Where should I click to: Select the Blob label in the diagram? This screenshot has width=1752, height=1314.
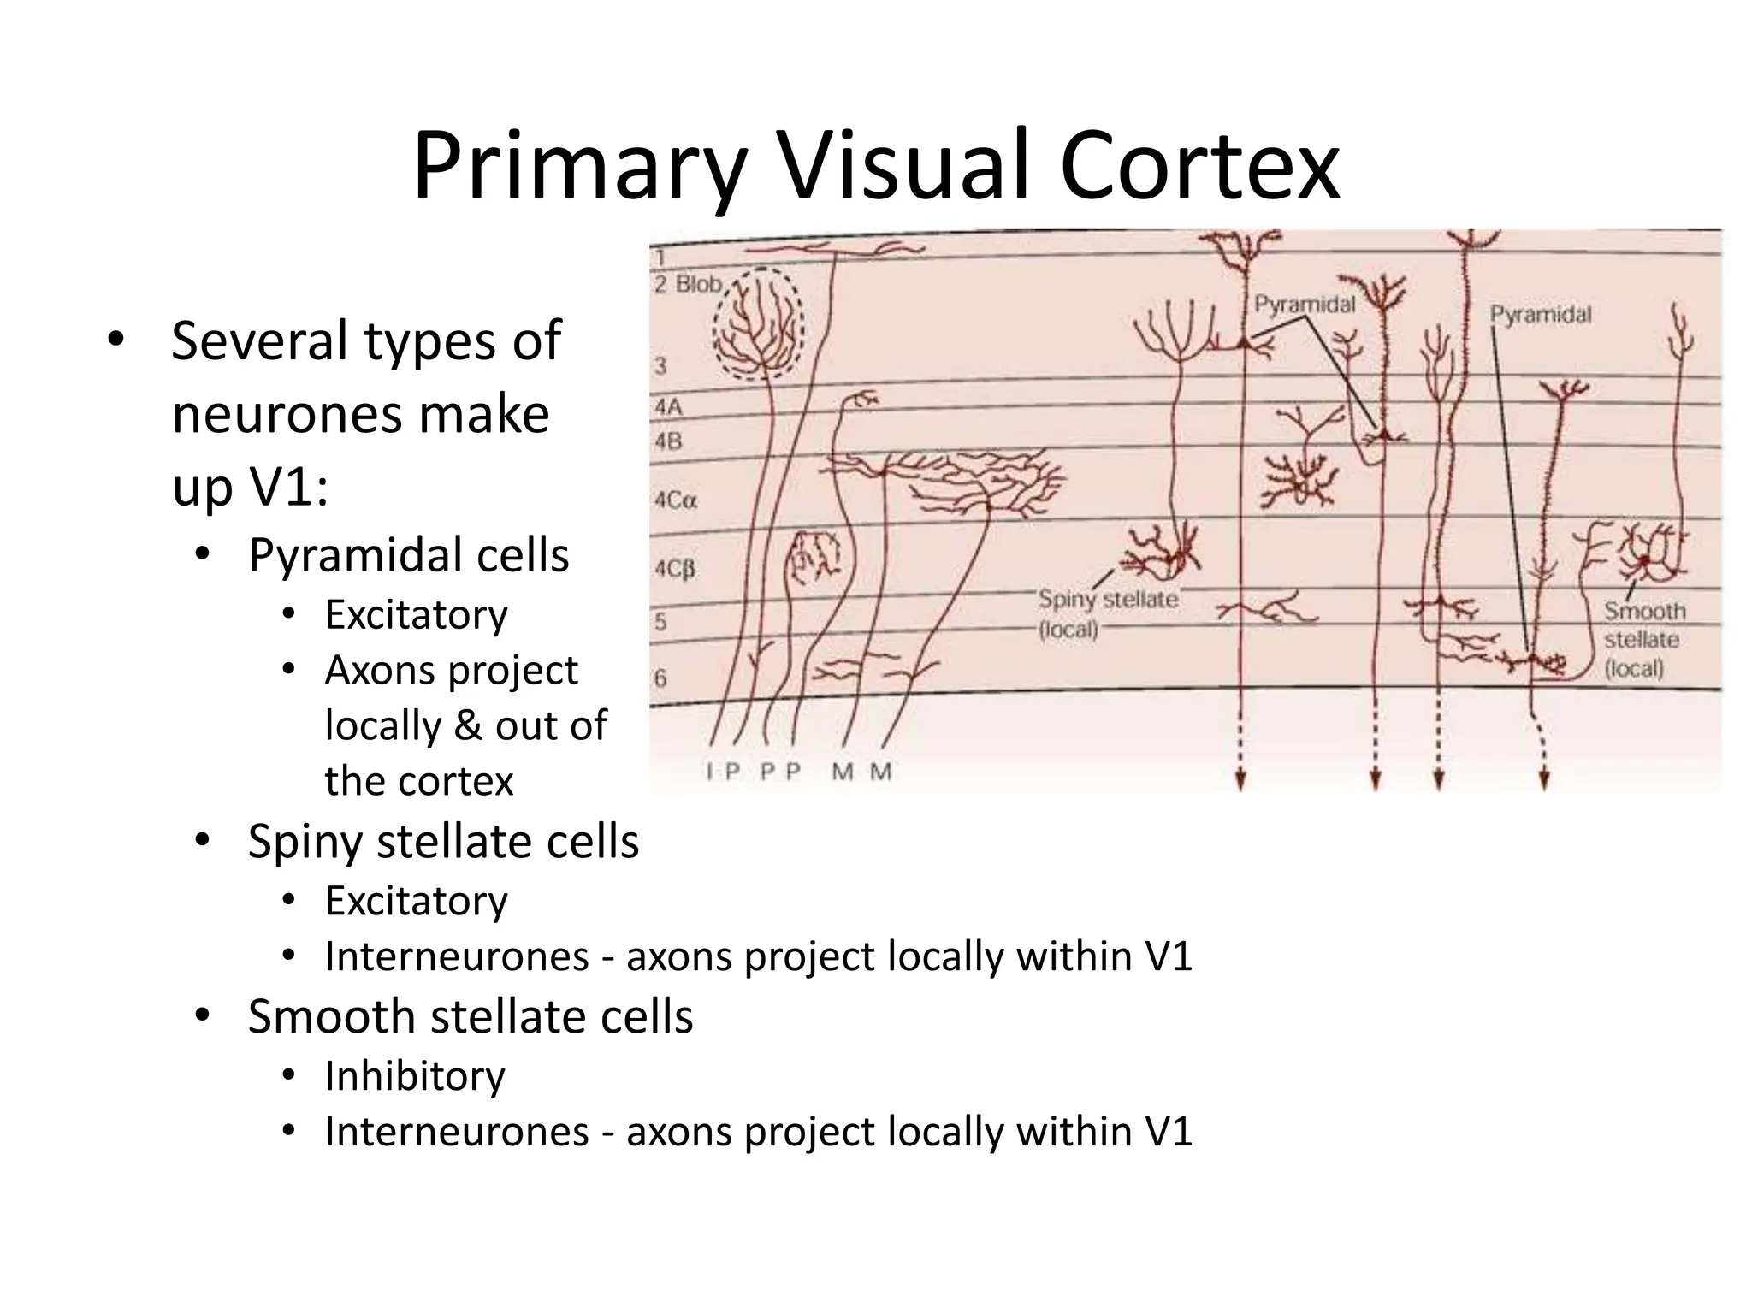coord(699,284)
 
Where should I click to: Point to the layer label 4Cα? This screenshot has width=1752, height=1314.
coord(676,500)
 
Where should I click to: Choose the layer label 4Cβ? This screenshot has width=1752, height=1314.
coord(675,569)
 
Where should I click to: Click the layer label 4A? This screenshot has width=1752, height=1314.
coord(668,407)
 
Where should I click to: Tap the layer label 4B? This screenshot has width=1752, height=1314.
coord(668,441)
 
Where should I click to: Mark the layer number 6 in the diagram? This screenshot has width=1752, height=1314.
coord(660,678)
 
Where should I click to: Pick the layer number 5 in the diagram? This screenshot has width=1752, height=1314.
coord(660,621)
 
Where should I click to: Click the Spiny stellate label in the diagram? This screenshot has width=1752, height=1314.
coord(1108,600)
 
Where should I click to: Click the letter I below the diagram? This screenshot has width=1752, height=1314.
coord(709,772)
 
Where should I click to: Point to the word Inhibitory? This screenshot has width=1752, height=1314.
coord(415,1076)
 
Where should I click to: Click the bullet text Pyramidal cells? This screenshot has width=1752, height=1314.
coord(408,555)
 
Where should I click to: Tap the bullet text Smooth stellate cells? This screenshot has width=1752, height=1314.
coord(470,1017)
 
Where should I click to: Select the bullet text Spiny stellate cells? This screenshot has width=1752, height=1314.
coord(443,842)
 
